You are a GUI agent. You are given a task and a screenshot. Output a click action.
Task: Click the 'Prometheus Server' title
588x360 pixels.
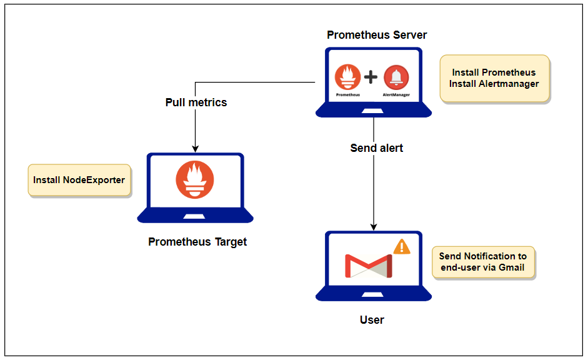tap(377, 35)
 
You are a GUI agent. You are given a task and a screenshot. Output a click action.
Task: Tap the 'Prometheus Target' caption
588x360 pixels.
tap(197, 242)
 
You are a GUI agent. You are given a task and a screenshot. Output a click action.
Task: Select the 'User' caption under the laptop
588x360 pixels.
tap(372, 320)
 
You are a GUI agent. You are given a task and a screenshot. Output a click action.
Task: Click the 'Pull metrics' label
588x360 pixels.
tap(196, 102)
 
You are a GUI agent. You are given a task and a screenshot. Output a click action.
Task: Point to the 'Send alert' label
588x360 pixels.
tap(376, 148)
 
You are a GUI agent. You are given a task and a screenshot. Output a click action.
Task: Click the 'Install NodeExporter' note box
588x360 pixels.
tap(79, 180)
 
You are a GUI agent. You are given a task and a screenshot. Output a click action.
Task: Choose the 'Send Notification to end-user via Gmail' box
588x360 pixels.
tap(482, 262)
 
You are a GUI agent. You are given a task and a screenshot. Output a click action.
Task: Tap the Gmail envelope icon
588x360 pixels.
tap(369, 265)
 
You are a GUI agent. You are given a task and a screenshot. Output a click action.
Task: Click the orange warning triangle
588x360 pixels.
tap(402, 247)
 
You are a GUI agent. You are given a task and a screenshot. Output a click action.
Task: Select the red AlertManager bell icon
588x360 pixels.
tap(396, 77)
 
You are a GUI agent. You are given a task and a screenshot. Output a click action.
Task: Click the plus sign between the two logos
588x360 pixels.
tap(371, 77)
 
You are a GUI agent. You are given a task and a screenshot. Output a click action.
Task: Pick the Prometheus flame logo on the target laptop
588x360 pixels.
tap(195, 179)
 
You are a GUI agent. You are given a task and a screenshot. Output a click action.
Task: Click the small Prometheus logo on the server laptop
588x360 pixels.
tap(347, 77)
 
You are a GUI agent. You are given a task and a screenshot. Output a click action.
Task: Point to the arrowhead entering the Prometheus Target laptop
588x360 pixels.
tap(195, 149)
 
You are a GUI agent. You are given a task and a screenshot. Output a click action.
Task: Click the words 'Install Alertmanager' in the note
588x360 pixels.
tap(494, 84)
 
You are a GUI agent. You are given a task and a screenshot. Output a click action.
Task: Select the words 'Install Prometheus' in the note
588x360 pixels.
tap(494, 72)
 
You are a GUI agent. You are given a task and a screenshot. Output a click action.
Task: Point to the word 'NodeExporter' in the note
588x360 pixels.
tap(94, 180)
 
